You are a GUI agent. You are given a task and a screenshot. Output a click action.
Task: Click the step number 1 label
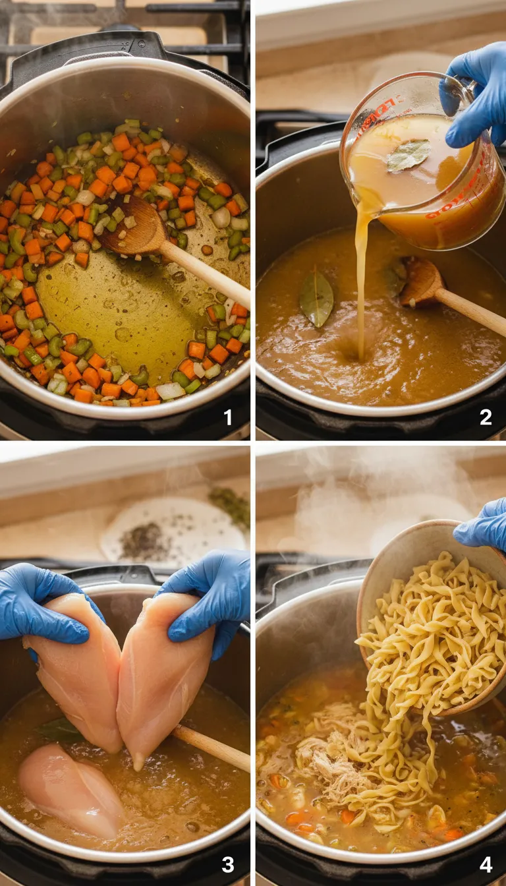(228, 417)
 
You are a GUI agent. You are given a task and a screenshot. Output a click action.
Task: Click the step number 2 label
(486, 417)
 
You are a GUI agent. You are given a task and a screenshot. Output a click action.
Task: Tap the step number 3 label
(228, 864)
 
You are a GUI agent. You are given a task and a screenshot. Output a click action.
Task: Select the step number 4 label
(486, 864)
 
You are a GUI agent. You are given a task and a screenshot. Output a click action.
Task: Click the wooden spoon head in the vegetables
(135, 227)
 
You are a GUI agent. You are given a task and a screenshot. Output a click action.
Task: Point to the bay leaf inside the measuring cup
(408, 155)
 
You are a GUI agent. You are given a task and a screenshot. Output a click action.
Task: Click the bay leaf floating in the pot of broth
(317, 298)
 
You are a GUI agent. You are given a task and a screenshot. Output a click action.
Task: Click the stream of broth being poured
(362, 283)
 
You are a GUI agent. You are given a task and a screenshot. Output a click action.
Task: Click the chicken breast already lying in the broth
(69, 788)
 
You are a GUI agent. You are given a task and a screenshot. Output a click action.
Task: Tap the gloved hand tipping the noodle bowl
(484, 524)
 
